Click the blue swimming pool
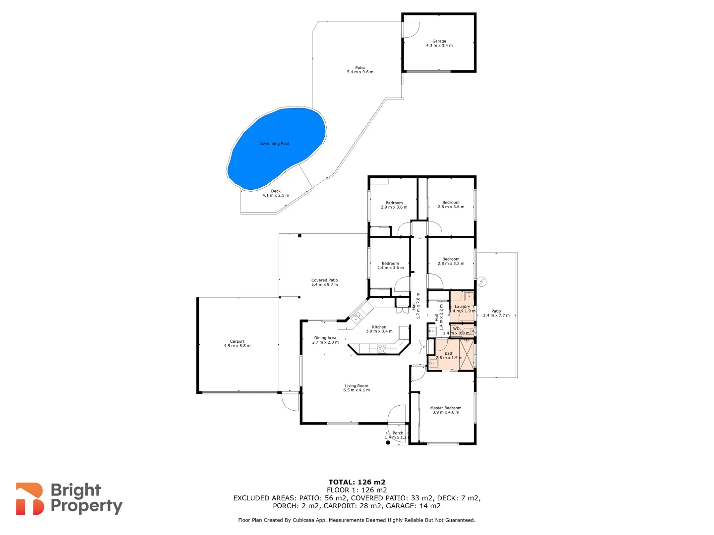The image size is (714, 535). pyautogui.click(x=277, y=148)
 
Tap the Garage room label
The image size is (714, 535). pyautogui.click(x=439, y=43)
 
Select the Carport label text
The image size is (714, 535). pyautogui.click(x=237, y=343)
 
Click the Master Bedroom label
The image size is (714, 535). pyautogui.click(x=445, y=410)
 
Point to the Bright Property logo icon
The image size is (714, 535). pyautogui.click(x=29, y=498)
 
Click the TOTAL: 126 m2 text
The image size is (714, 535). pyautogui.click(x=357, y=482)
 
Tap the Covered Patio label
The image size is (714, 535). pyautogui.click(x=324, y=282)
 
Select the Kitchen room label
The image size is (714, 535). pyautogui.click(x=379, y=329)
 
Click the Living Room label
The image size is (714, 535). pyautogui.click(x=356, y=387)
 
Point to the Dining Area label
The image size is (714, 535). pyautogui.click(x=325, y=340)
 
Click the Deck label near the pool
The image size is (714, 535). pyautogui.click(x=276, y=193)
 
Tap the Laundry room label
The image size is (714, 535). pyautogui.click(x=462, y=308)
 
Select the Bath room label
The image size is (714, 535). pyautogui.click(x=449, y=355)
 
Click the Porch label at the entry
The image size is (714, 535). pyautogui.click(x=398, y=435)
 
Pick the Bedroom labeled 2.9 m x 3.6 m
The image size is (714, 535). pyautogui.click(x=394, y=205)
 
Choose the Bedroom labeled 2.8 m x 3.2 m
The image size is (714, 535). pyautogui.click(x=451, y=261)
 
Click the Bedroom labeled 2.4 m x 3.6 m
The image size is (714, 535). pyautogui.click(x=390, y=266)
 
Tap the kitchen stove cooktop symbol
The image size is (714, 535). pyautogui.click(x=382, y=349)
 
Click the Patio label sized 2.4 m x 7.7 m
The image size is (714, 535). pyautogui.click(x=496, y=313)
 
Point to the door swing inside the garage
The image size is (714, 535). pyautogui.click(x=411, y=30)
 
